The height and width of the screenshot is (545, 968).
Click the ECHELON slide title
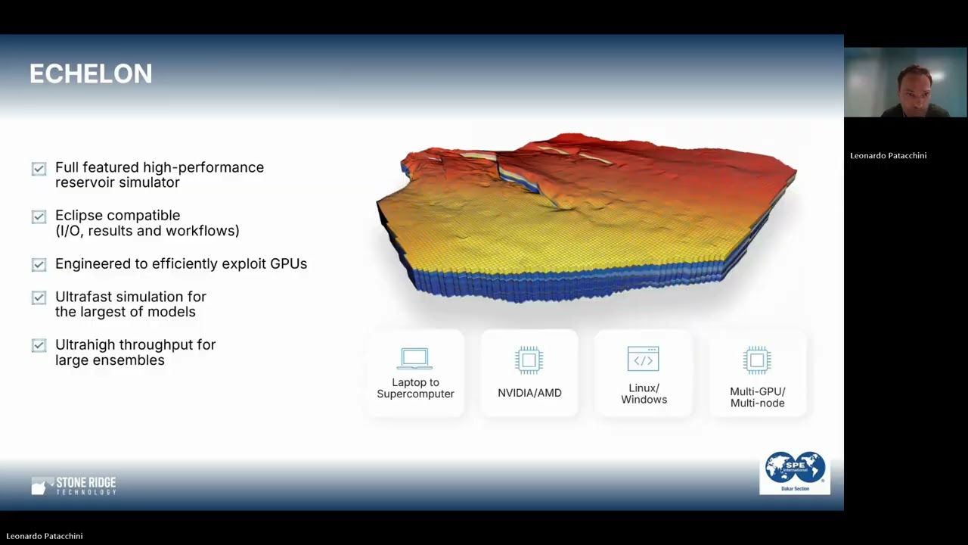click(91, 74)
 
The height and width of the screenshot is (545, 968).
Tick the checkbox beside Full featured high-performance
click(39, 169)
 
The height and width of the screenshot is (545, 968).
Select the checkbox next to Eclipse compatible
click(39, 216)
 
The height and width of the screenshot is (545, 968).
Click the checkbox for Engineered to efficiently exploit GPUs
click(39, 264)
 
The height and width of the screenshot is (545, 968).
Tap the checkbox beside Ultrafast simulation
click(39, 297)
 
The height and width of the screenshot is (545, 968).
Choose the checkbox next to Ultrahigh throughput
click(39, 345)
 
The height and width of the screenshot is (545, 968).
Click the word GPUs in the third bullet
click(288, 263)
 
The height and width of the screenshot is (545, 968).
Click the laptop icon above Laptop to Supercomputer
click(414, 359)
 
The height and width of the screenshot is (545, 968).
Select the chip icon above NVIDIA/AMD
click(529, 360)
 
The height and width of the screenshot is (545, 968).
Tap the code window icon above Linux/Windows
click(643, 359)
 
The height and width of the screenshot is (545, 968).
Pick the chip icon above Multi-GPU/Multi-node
click(757, 360)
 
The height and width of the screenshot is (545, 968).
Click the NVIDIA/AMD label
click(529, 393)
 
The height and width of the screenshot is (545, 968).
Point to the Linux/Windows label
click(644, 394)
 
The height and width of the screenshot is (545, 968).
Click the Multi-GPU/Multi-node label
click(757, 397)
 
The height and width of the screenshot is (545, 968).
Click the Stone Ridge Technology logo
click(74, 486)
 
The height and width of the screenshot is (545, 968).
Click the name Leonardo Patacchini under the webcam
click(888, 155)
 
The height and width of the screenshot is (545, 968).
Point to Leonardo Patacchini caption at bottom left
click(45, 536)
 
